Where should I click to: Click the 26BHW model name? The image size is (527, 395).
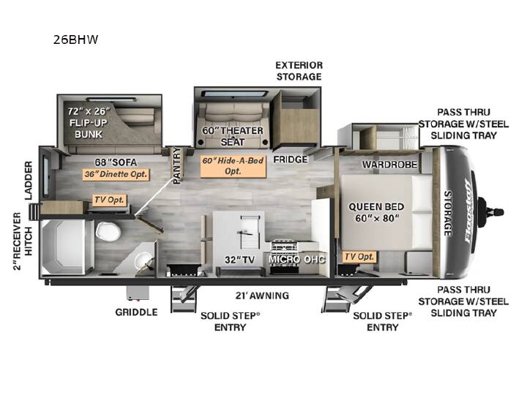[75, 39]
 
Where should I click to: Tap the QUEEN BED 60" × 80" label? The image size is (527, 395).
[376, 212]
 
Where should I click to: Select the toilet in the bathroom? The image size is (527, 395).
[108, 231]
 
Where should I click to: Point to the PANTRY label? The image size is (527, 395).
[177, 165]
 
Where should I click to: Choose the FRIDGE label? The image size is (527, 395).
[291, 159]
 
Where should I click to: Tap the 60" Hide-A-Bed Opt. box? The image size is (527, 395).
[233, 166]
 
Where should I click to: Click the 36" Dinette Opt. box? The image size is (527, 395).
[116, 174]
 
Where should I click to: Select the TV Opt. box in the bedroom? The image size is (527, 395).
[359, 257]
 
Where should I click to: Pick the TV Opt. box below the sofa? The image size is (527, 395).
[110, 200]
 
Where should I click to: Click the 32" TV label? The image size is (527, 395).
[239, 260]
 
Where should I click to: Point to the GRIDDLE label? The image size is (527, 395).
[136, 312]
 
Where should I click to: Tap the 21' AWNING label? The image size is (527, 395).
[262, 296]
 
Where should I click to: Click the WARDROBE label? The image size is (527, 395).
[389, 165]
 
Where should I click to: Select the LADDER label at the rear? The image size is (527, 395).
[29, 181]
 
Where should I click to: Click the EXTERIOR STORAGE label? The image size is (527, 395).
[299, 71]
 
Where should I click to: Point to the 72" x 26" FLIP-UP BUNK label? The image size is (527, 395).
[89, 123]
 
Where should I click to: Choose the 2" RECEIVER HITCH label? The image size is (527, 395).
[23, 241]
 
